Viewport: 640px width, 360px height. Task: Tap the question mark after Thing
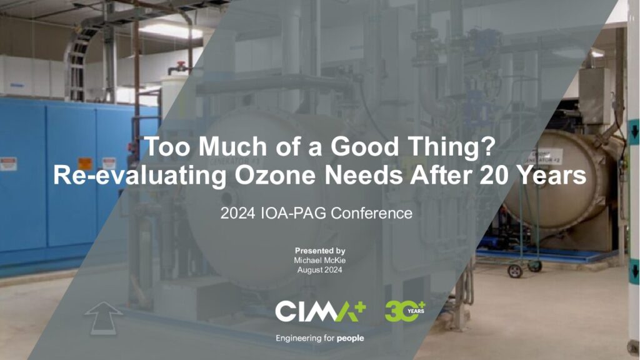pyautogui.click(x=487, y=146)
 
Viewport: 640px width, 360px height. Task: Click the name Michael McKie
pyautogui.click(x=319, y=261)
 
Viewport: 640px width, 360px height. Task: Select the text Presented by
pyautogui.click(x=320, y=251)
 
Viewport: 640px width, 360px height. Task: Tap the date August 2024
pyautogui.click(x=319, y=270)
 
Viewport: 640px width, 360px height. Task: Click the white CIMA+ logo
pyautogui.click(x=321, y=311)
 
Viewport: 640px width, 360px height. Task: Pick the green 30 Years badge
pyautogui.click(x=405, y=311)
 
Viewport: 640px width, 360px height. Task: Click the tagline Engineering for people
pyautogui.click(x=319, y=338)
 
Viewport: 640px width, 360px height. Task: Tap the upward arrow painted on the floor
pyautogui.click(x=103, y=317)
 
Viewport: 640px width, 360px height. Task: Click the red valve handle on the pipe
pyautogui.click(x=181, y=65)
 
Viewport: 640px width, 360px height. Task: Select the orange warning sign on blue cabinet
pyautogui.click(x=85, y=163)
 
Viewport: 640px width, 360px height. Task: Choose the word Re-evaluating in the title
pyautogui.click(x=140, y=176)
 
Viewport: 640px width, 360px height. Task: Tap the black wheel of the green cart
pyautogui.click(x=515, y=271)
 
